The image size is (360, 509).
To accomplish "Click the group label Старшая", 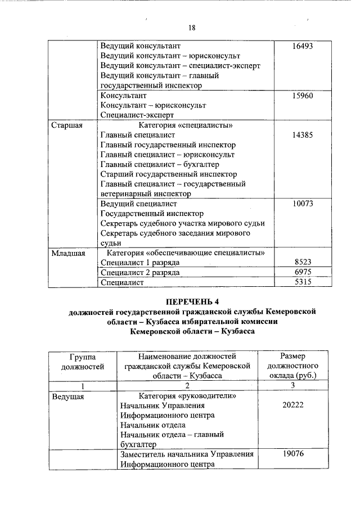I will click(67, 125).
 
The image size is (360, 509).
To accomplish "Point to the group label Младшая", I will click(69, 253).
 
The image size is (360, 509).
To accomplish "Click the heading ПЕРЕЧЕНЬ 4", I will click(192, 301).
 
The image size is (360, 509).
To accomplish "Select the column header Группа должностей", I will click(82, 361).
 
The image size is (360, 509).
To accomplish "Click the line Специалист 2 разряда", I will click(140, 272).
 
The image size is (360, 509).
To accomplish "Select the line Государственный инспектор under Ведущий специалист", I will click(145, 213).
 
